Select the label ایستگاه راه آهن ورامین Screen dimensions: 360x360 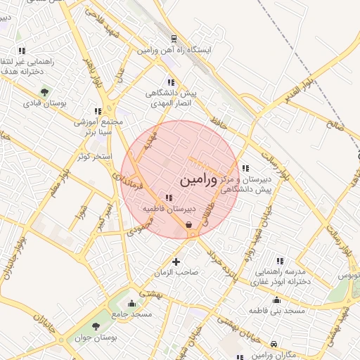[174, 51]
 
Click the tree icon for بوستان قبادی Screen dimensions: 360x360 [45, 91]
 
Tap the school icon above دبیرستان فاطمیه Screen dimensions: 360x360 [168, 198]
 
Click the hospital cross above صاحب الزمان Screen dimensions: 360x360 [176, 262]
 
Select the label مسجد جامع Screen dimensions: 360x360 [133, 314]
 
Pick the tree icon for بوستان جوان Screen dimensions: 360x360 [96, 326]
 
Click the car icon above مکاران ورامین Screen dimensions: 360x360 [274, 344]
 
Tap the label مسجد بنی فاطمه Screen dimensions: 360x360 [279, 310]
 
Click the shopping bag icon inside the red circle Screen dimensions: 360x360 [190, 224]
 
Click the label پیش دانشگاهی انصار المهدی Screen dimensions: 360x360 [172, 98]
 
